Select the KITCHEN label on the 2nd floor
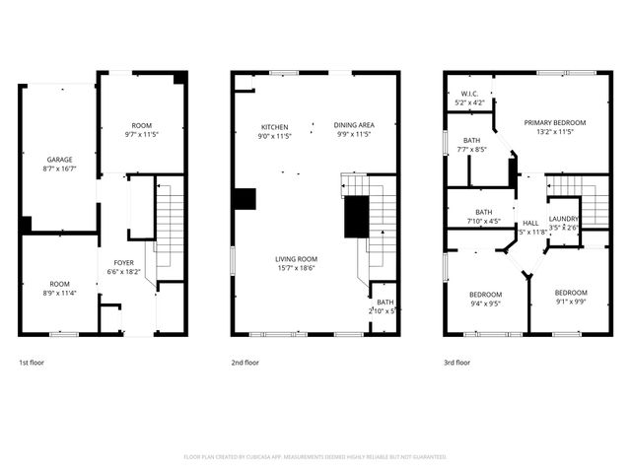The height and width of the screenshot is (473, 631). click(273, 126)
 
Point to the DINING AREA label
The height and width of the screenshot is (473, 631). click(353, 125)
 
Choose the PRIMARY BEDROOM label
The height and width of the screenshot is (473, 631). click(554, 122)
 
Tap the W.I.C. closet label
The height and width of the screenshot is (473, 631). click(468, 94)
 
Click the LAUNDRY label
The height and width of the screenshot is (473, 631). click(563, 219)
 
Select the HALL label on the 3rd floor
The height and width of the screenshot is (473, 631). click(530, 223)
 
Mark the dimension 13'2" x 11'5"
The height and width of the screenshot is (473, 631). click(554, 132)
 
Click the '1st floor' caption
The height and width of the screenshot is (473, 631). click(33, 363)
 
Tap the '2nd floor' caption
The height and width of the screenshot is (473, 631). click(245, 363)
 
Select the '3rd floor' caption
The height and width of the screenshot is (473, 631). click(456, 363)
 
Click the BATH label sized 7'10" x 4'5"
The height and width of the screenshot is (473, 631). click(484, 212)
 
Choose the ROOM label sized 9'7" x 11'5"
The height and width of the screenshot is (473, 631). click(142, 125)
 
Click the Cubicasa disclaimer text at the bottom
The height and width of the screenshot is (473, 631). click(315, 457)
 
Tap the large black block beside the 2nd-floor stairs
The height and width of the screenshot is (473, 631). click(355, 217)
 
